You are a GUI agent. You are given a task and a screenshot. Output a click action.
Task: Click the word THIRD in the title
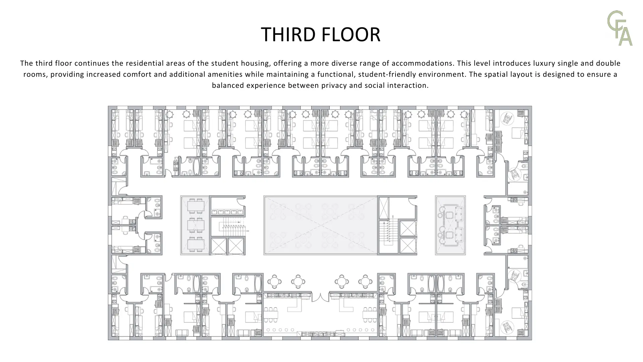point(288,34)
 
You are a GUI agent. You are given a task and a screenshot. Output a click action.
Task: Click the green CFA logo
point(620,28)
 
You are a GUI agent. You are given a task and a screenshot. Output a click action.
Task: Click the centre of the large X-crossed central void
point(320,225)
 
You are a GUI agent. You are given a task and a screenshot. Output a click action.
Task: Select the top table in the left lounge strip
point(196,206)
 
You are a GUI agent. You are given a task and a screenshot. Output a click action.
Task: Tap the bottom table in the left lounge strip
point(196,244)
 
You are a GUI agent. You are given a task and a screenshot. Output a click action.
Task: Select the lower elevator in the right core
point(408,246)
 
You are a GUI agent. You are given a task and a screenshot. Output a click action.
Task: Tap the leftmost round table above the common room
point(274,282)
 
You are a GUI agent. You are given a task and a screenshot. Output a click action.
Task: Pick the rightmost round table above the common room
point(365,282)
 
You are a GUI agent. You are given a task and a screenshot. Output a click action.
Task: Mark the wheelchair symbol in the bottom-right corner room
point(506,327)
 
